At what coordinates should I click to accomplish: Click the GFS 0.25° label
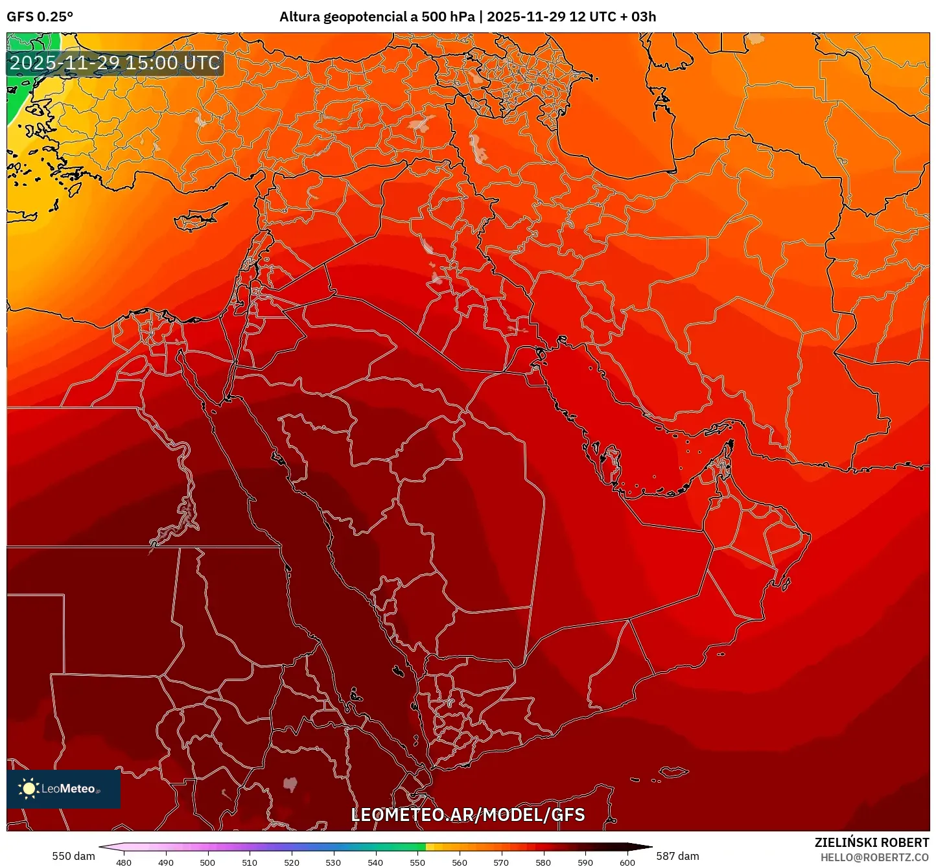pyautogui.click(x=40, y=17)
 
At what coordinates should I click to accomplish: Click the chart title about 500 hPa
pyautogui.click(x=467, y=17)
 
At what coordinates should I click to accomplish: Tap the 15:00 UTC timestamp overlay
pyautogui.click(x=115, y=63)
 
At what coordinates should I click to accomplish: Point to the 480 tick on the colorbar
pyautogui.click(x=124, y=862)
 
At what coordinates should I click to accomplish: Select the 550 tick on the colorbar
pyautogui.click(x=417, y=862)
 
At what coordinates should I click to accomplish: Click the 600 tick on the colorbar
pyautogui.click(x=627, y=862)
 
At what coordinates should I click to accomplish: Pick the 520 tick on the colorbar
pyautogui.click(x=292, y=862)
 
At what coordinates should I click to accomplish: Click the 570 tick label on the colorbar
pyautogui.click(x=501, y=862)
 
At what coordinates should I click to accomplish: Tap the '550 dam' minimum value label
pyautogui.click(x=73, y=856)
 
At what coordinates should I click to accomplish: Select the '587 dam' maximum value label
pyautogui.click(x=677, y=856)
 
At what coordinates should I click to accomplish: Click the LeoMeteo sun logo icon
pyautogui.click(x=29, y=788)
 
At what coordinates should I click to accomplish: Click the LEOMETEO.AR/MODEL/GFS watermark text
pyautogui.click(x=467, y=815)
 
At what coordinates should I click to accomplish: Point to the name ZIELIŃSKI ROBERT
pyautogui.click(x=872, y=842)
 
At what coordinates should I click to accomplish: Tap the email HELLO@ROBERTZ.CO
pyautogui.click(x=874, y=857)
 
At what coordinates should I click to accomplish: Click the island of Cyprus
pyautogui.click(x=198, y=218)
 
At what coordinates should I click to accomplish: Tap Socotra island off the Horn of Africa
pyautogui.click(x=675, y=772)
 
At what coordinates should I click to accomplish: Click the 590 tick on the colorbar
pyautogui.click(x=585, y=862)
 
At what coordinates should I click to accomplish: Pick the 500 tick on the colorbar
pyautogui.click(x=207, y=862)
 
